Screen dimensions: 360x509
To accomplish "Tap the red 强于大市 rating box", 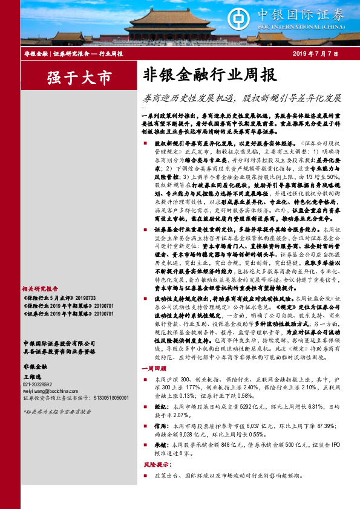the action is coord(79,78).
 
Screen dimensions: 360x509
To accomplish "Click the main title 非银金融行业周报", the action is coord(210,75).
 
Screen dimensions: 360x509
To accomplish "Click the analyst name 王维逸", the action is coord(32,376).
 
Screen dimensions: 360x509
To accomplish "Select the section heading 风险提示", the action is coord(155,465).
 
